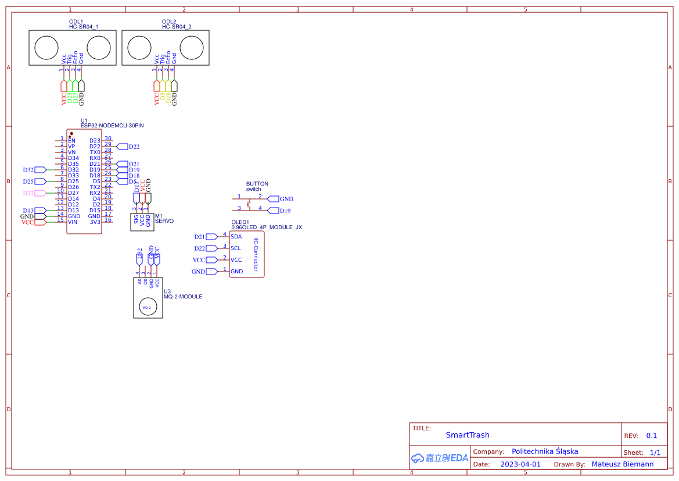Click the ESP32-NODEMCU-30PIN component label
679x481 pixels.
[x=112, y=125]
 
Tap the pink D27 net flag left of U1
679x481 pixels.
[x=40, y=193]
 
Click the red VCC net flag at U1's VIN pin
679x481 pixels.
[x=40, y=222]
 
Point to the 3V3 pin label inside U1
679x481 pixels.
[x=95, y=222]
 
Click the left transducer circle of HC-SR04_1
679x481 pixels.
[x=46, y=47]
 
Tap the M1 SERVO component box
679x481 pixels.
[x=142, y=222]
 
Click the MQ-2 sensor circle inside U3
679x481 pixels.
[x=146, y=307]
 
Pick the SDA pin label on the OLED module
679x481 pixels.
[x=236, y=237]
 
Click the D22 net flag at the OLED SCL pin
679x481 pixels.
[x=211, y=248]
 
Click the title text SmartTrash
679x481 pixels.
[x=468, y=435]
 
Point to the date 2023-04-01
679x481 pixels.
[x=520, y=464]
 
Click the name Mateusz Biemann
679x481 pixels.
[x=622, y=464]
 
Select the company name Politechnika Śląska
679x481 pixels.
[x=545, y=451]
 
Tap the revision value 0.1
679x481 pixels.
[x=652, y=436]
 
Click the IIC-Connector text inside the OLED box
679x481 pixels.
[x=255, y=255]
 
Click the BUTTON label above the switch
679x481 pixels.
[x=257, y=184]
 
